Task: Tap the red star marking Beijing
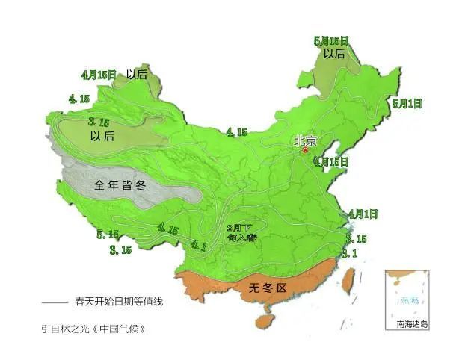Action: [304, 150]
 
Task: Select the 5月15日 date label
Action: [332, 41]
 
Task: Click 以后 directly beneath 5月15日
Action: [334, 54]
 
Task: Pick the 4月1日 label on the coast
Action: [363, 214]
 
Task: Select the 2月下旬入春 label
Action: [241, 232]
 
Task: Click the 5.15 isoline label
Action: [108, 235]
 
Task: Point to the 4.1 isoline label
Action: [198, 244]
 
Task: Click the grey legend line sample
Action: [55, 302]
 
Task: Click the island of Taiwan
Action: [347, 280]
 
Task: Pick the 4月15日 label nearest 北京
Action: [331, 161]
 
